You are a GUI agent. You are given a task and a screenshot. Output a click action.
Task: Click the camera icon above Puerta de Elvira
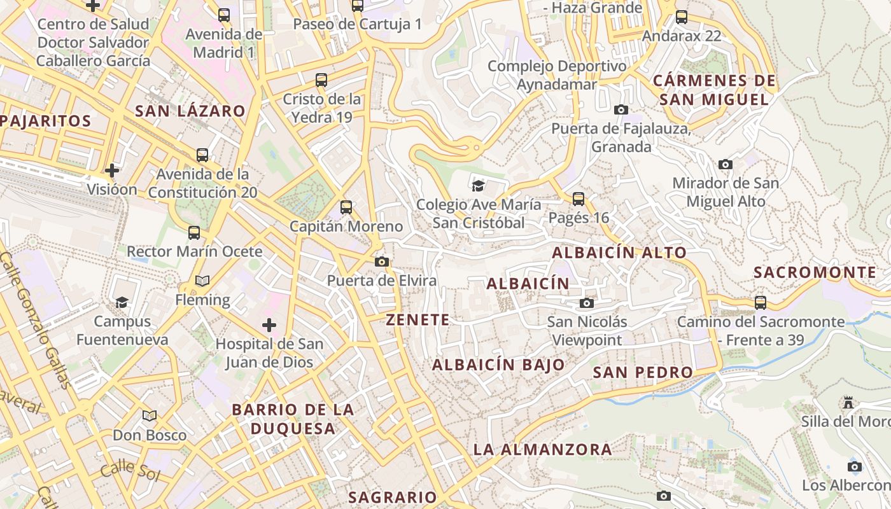382,261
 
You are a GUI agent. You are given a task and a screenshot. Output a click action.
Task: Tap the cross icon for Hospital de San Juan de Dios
269,325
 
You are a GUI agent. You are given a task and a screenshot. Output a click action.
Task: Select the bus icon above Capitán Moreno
346,207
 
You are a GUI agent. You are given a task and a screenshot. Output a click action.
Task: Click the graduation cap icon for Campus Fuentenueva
122,302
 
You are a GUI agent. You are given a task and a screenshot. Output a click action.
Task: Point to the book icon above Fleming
202,281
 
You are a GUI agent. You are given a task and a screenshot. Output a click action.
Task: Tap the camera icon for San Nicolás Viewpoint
587,303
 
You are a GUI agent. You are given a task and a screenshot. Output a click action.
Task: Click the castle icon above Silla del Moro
848,403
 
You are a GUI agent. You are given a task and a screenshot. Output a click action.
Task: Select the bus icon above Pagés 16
579,199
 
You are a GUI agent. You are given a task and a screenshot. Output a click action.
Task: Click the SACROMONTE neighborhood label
815,272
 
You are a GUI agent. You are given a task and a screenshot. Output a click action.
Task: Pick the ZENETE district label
417,320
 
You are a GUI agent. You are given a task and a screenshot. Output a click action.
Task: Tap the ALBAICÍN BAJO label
498,365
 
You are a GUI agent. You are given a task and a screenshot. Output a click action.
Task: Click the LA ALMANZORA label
542,449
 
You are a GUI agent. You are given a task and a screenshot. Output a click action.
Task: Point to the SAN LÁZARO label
190,111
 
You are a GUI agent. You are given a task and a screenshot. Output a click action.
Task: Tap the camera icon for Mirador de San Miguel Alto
725,164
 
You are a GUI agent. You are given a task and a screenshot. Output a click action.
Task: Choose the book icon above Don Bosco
150,416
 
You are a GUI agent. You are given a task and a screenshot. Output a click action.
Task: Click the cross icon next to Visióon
112,171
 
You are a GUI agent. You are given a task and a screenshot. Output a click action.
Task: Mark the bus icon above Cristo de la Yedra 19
321,80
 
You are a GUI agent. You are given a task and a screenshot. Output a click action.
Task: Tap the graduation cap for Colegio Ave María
477,186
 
